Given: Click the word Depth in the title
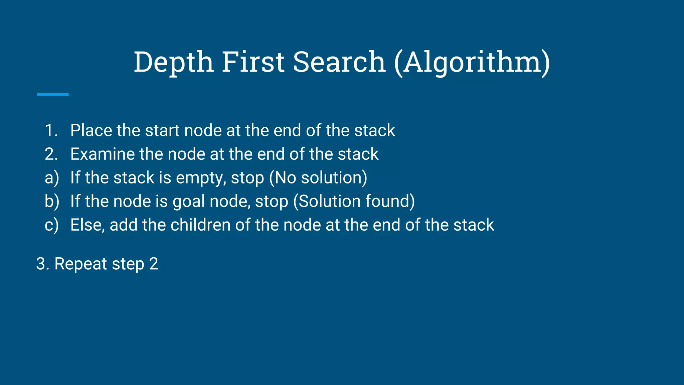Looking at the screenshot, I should click(173, 62).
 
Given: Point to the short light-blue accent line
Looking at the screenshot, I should click(52, 95).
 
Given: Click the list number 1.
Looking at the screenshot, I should click(50, 130).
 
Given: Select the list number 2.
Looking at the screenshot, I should click(51, 154).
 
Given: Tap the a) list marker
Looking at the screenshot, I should click(51, 178).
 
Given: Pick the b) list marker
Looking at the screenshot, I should click(52, 201).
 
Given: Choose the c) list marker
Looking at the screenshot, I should click(51, 225).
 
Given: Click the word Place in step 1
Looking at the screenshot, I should click(91, 130).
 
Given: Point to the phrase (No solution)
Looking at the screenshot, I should click(318, 178).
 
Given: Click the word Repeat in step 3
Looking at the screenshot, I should click(80, 264).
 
